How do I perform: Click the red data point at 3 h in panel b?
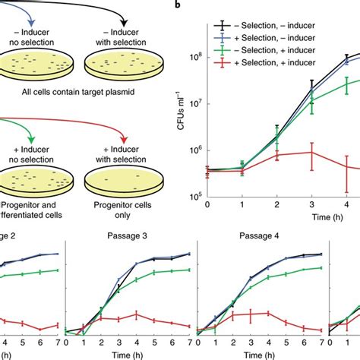(x=311, y=152)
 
